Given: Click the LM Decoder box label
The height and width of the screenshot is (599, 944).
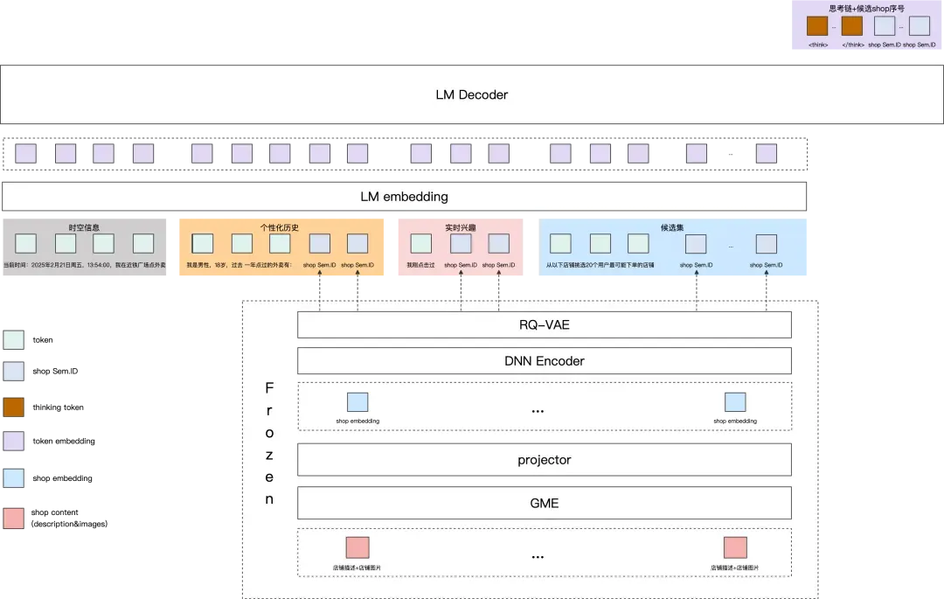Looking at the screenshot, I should pos(471,94).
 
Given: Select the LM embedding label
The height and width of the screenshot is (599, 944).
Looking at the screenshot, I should pos(404,197).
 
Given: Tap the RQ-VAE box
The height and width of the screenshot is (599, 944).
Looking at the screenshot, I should pos(544,325).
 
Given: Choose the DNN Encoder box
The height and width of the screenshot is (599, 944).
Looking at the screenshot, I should pos(544,361).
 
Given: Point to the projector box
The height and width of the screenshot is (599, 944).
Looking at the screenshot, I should pos(544,460).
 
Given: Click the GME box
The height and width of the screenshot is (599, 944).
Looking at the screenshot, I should pos(544,503).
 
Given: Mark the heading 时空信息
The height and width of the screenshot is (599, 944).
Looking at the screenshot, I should pos(84,227).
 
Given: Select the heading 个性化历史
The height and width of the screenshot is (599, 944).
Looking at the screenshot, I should pos(280,227).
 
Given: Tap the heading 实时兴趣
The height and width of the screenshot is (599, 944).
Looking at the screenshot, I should pos(459,227).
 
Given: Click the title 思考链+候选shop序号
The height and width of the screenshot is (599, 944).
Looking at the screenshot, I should pos(866,8).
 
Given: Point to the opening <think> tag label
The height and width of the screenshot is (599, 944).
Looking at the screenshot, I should pos(818,45).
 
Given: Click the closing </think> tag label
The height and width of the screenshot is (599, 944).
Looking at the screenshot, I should pos(852,45).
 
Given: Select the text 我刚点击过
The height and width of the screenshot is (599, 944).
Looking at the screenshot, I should pos(420,265).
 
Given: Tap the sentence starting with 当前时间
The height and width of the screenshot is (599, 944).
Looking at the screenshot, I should pos(84,265).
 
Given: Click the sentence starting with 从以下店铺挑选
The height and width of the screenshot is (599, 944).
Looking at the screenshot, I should pos(600,265).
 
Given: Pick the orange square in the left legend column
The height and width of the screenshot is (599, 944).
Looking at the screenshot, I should pos(14,407).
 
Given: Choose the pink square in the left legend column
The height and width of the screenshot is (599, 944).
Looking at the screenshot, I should pos(14,518).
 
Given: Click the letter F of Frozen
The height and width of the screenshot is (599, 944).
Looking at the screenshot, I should pos(269,387).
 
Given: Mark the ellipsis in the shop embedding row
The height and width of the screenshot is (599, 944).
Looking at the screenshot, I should pos(538,411).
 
